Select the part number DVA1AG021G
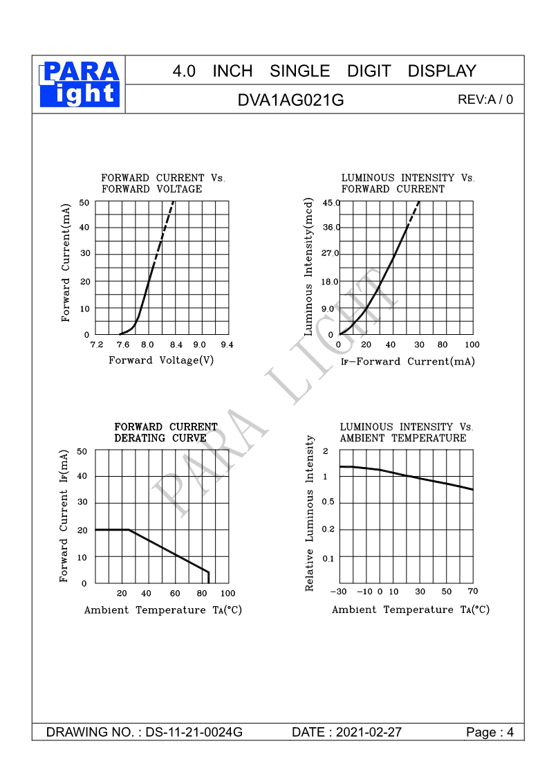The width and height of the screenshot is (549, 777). point(290,100)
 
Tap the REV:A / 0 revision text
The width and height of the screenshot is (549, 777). point(485,100)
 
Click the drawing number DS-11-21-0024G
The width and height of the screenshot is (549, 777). point(194,733)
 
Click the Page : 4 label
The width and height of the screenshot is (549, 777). point(490,733)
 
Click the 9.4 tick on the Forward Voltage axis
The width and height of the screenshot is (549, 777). point(227,345)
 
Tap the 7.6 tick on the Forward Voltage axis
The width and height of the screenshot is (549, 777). point(123,345)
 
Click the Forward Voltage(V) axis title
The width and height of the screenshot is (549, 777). point(161,360)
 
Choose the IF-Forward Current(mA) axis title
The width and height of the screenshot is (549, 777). point(408,362)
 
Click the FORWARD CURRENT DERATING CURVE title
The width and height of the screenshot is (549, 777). point(166,432)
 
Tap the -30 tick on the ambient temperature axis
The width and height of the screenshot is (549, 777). point(339,592)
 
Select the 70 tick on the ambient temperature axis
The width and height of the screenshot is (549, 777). point(473,591)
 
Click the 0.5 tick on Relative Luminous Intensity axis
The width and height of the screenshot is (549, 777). point(328,502)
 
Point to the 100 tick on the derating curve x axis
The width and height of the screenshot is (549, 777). point(227,593)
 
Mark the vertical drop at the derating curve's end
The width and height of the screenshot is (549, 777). point(208,577)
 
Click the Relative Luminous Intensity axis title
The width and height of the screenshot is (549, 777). point(310,513)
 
